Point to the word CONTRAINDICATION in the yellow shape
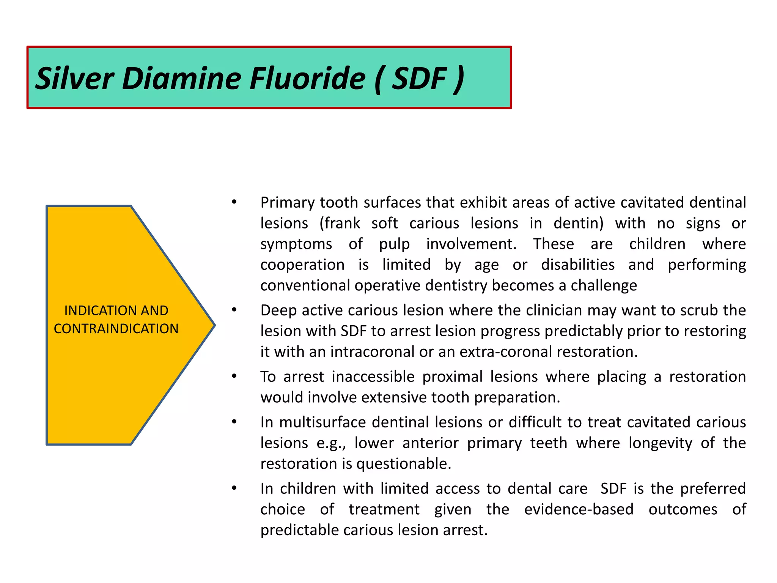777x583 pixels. click(116, 329)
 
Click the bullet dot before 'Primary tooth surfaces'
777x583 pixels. click(234, 202)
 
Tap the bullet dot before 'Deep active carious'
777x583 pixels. click(234, 310)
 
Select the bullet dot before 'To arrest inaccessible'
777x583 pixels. click(234, 376)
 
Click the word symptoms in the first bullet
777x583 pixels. click(296, 244)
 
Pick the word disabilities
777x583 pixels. click(577, 265)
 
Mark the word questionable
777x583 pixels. click(403, 464)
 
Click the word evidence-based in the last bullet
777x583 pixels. click(579, 509)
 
